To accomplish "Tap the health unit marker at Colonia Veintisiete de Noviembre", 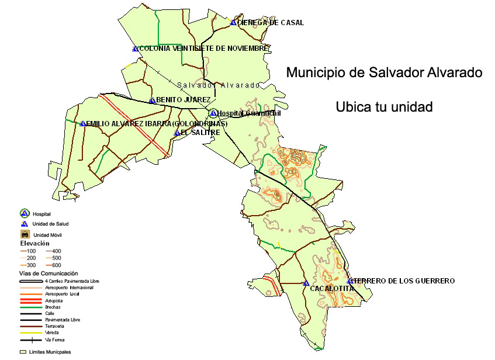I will click(135, 49).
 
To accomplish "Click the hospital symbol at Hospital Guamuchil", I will click(213, 113).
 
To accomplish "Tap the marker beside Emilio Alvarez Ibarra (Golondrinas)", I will click(83, 123).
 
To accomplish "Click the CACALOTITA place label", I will click(332, 289).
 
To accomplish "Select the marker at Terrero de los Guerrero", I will click(349, 281).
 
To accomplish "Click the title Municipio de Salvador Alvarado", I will click(384, 73).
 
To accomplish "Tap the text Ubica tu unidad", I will click(384, 108).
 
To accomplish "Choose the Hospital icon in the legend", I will click(25, 214).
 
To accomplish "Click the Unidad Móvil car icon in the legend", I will click(25, 234).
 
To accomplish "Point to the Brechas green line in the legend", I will click(30, 307).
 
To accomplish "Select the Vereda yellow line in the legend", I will click(30, 333).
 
